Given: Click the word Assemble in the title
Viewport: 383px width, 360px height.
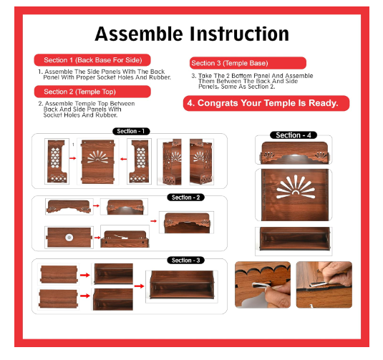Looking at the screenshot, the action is pyautogui.click(x=139, y=34).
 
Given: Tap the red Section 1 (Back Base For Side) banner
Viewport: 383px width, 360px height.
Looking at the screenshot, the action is pyautogui.click(x=92, y=60).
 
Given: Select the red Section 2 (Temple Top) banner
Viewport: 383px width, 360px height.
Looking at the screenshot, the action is pyautogui.click(x=92, y=92).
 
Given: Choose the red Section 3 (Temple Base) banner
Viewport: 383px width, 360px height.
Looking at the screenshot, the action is pyautogui.click(x=248, y=63).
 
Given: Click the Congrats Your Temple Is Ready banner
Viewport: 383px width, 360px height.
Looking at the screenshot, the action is pyautogui.click(x=266, y=103).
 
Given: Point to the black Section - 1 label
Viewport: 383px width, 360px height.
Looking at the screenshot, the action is pyautogui.click(x=131, y=131).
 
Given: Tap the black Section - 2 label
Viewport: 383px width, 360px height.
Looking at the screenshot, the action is pyautogui.click(x=185, y=198).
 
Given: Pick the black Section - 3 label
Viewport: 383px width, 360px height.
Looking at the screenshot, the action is pyautogui.click(x=185, y=261).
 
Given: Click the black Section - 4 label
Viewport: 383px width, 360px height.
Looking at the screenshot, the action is pyautogui.click(x=294, y=135).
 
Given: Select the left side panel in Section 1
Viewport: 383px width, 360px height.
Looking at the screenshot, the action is pyautogui.click(x=57, y=162).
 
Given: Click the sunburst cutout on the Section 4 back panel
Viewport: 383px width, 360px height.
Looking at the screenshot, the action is pyautogui.click(x=296, y=187).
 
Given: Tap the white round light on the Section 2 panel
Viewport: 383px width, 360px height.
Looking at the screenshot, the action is pyautogui.click(x=69, y=237).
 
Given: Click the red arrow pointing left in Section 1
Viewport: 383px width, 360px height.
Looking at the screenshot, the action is pyautogui.click(x=124, y=159).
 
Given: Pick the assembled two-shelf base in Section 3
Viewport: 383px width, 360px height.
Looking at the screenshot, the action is pyautogui.click(x=182, y=285).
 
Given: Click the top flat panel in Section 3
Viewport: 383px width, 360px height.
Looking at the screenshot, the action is pyautogui.click(x=59, y=274).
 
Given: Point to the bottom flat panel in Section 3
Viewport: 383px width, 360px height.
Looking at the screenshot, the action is pyautogui.click(x=59, y=298).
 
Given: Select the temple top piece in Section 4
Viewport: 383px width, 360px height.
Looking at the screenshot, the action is pyautogui.click(x=294, y=152).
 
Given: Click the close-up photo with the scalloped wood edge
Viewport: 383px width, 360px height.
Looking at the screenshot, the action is pyautogui.click(x=263, y=285).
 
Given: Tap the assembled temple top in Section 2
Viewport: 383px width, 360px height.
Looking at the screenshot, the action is pyautogui.click(x=187, y=223).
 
